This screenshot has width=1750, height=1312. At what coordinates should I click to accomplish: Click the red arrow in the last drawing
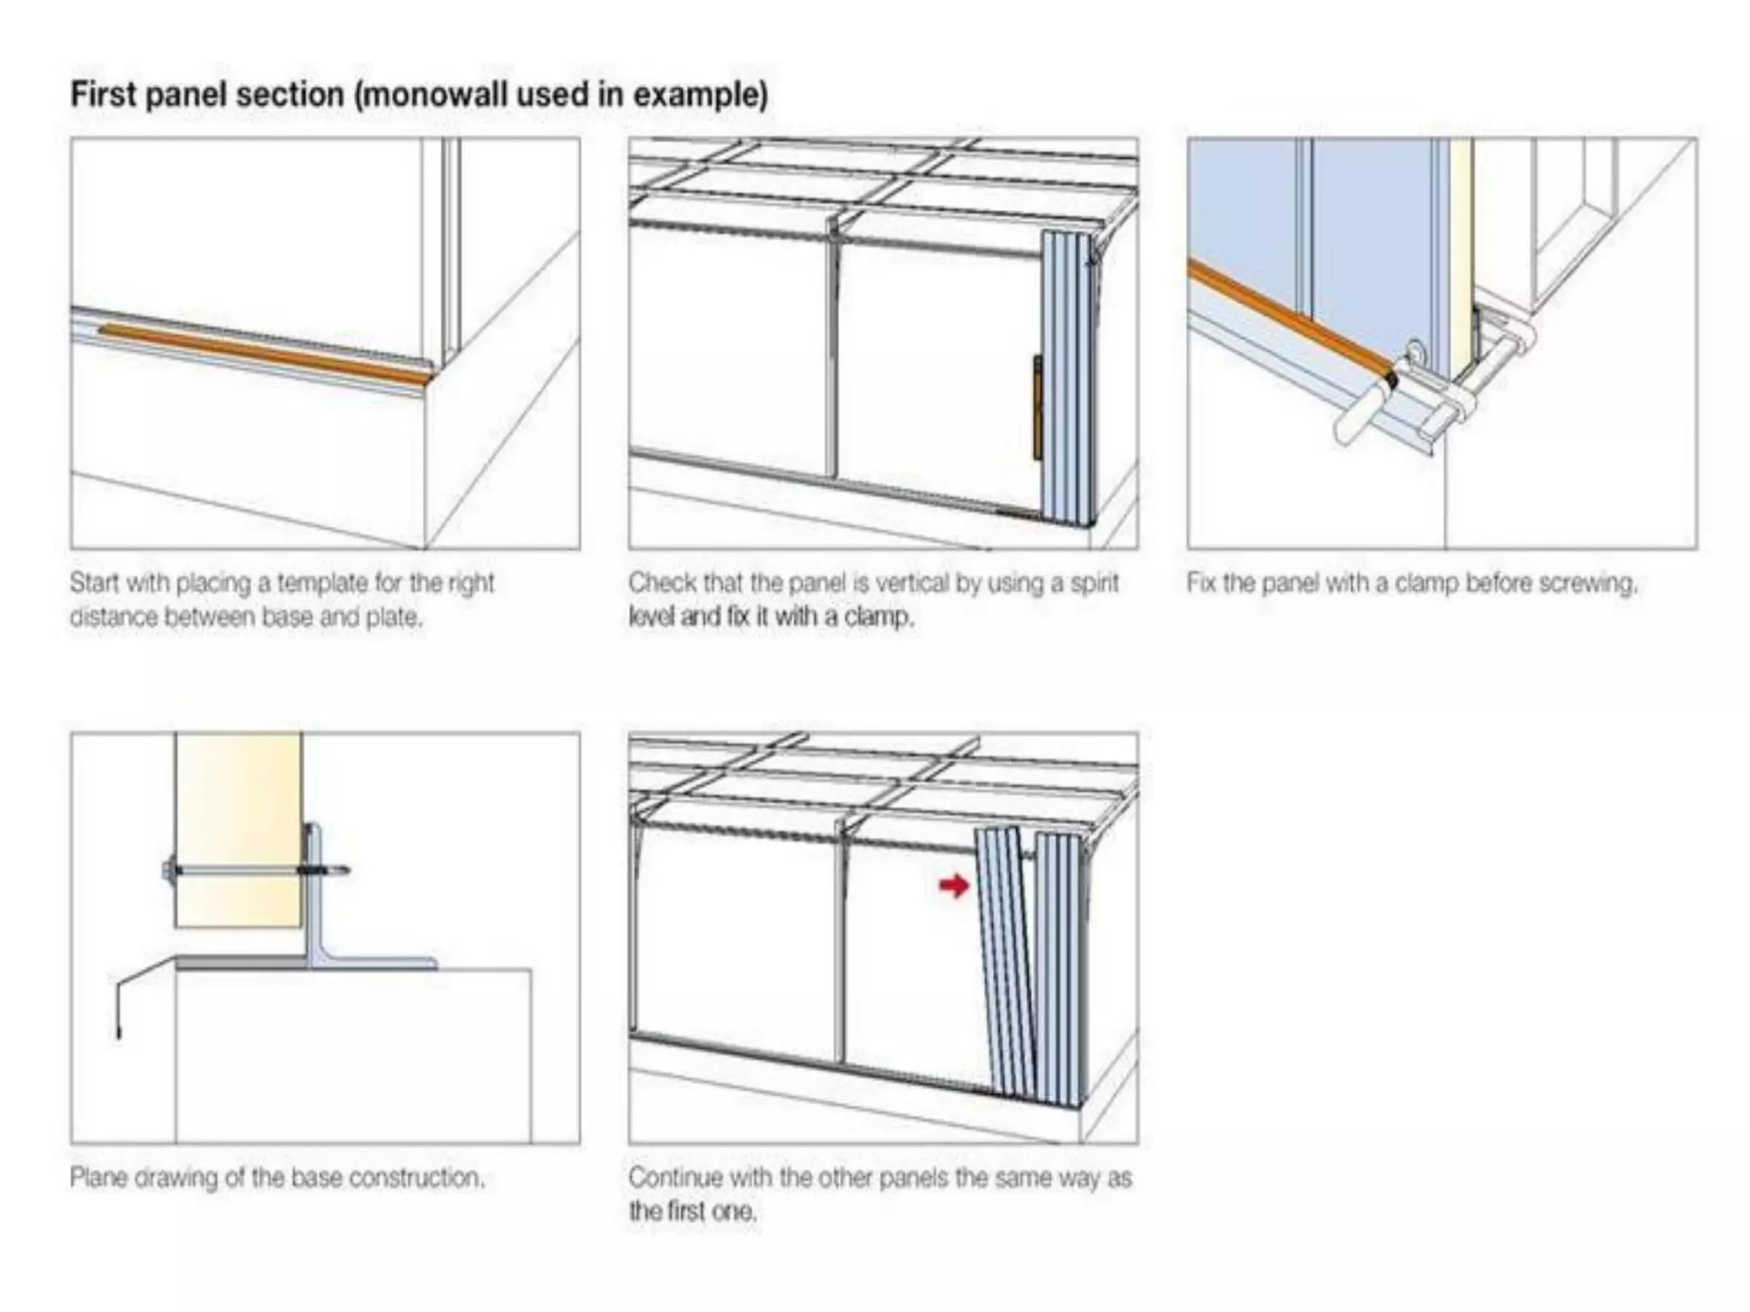pos(954,886)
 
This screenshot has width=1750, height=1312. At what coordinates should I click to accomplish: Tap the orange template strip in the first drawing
pos(265,351)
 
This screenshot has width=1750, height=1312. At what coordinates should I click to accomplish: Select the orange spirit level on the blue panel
pos(1037,407)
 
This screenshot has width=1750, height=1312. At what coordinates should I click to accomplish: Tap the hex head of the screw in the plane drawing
pos(167,871)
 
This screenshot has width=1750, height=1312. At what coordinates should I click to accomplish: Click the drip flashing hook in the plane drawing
pos(120,1012)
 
